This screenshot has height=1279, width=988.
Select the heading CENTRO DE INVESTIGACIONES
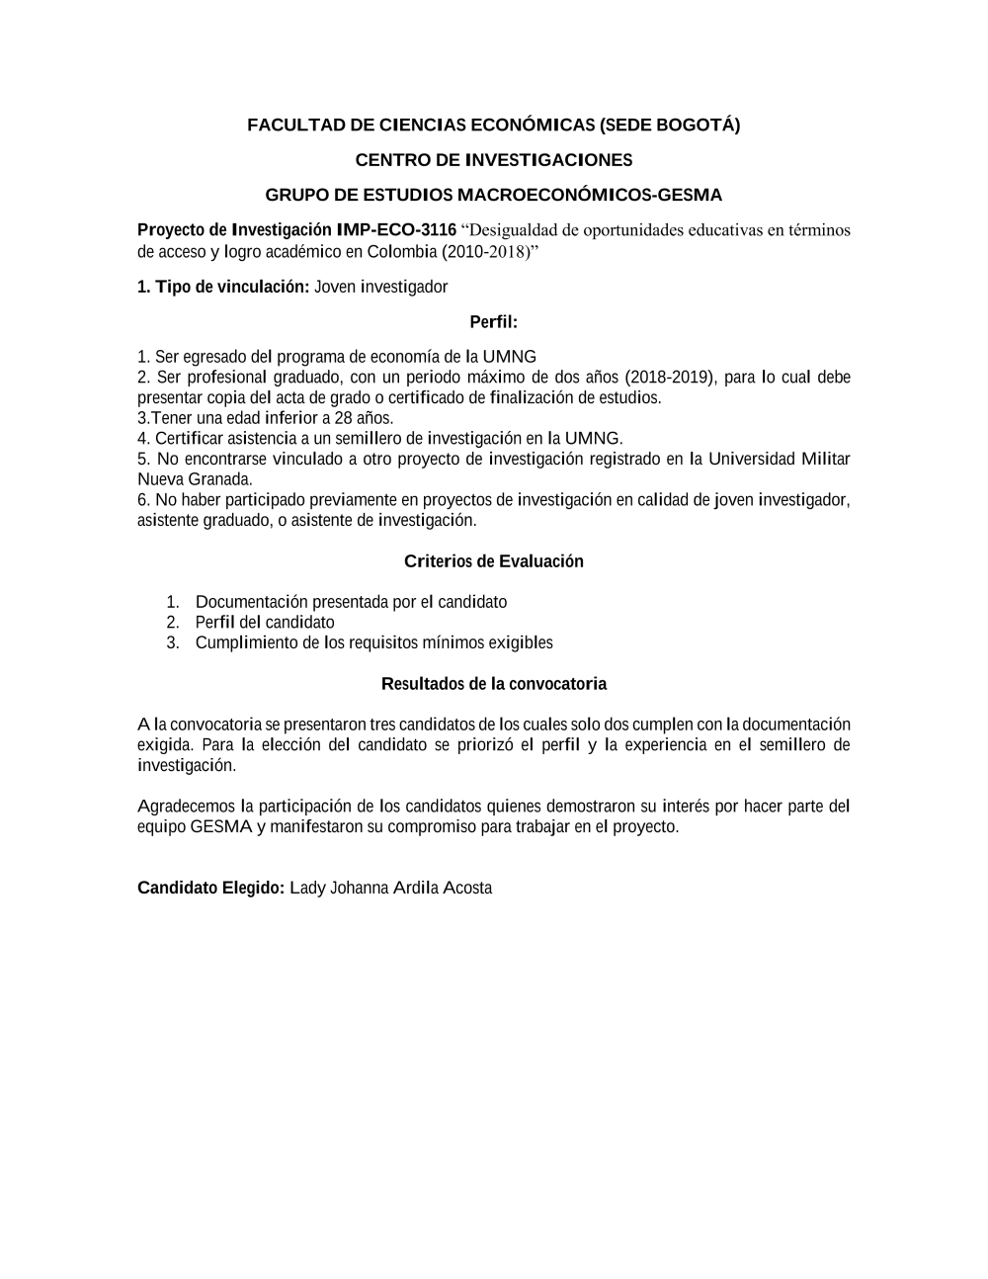pos(493,160)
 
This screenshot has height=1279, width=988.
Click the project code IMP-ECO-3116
pos(396,230)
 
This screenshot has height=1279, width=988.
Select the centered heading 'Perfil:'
pos(493,322)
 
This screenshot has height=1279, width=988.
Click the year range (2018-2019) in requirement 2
pos(671,377)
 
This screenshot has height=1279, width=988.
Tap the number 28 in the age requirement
pos(343,418)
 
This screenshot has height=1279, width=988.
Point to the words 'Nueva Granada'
pos(195,479)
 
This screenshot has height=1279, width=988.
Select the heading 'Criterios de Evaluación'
pos(493,561)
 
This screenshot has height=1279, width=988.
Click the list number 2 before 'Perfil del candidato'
pos(172,623)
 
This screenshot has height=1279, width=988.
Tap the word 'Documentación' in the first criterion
pos(251,602)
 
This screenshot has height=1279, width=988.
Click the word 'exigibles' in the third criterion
pos(521,643)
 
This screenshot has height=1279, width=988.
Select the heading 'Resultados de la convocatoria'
pos(493,684)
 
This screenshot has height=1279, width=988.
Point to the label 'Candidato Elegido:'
pos(210,888)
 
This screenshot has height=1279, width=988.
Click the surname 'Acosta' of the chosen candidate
pos(467,888)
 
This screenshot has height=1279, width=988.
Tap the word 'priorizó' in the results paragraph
pos(486,745)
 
